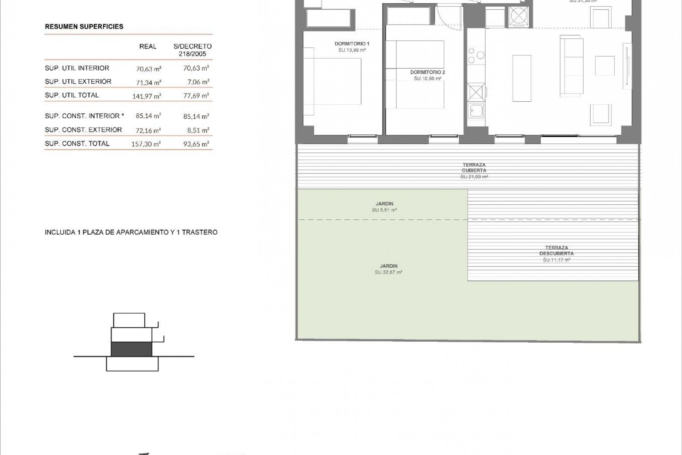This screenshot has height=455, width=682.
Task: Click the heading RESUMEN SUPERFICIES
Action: point(84,27)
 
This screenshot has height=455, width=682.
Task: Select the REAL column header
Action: point(148,47)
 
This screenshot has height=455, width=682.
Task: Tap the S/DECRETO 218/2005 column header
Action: point(193,50)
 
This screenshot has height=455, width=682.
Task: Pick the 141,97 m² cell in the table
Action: point(147,96)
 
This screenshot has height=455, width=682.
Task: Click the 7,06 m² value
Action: point(198,82)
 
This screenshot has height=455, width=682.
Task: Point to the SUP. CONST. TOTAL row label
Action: point(77,144)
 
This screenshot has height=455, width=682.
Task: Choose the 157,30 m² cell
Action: point(146,144)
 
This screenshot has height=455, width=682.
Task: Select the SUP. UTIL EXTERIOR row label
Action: point(78,82)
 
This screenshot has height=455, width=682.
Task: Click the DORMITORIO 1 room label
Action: point(352,44)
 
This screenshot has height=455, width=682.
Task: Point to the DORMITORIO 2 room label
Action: point(428,72)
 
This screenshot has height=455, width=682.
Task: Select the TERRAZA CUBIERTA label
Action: point(474,168)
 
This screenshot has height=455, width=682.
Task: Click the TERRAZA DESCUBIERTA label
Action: point(556,251)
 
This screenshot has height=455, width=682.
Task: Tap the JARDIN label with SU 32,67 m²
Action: point(388,266)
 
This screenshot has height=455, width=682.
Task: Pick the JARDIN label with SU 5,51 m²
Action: point(384,204)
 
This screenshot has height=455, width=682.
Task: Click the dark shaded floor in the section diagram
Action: point(131,349)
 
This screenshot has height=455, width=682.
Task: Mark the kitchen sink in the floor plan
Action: point(476,111)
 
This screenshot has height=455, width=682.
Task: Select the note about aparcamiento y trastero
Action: point(131,232)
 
